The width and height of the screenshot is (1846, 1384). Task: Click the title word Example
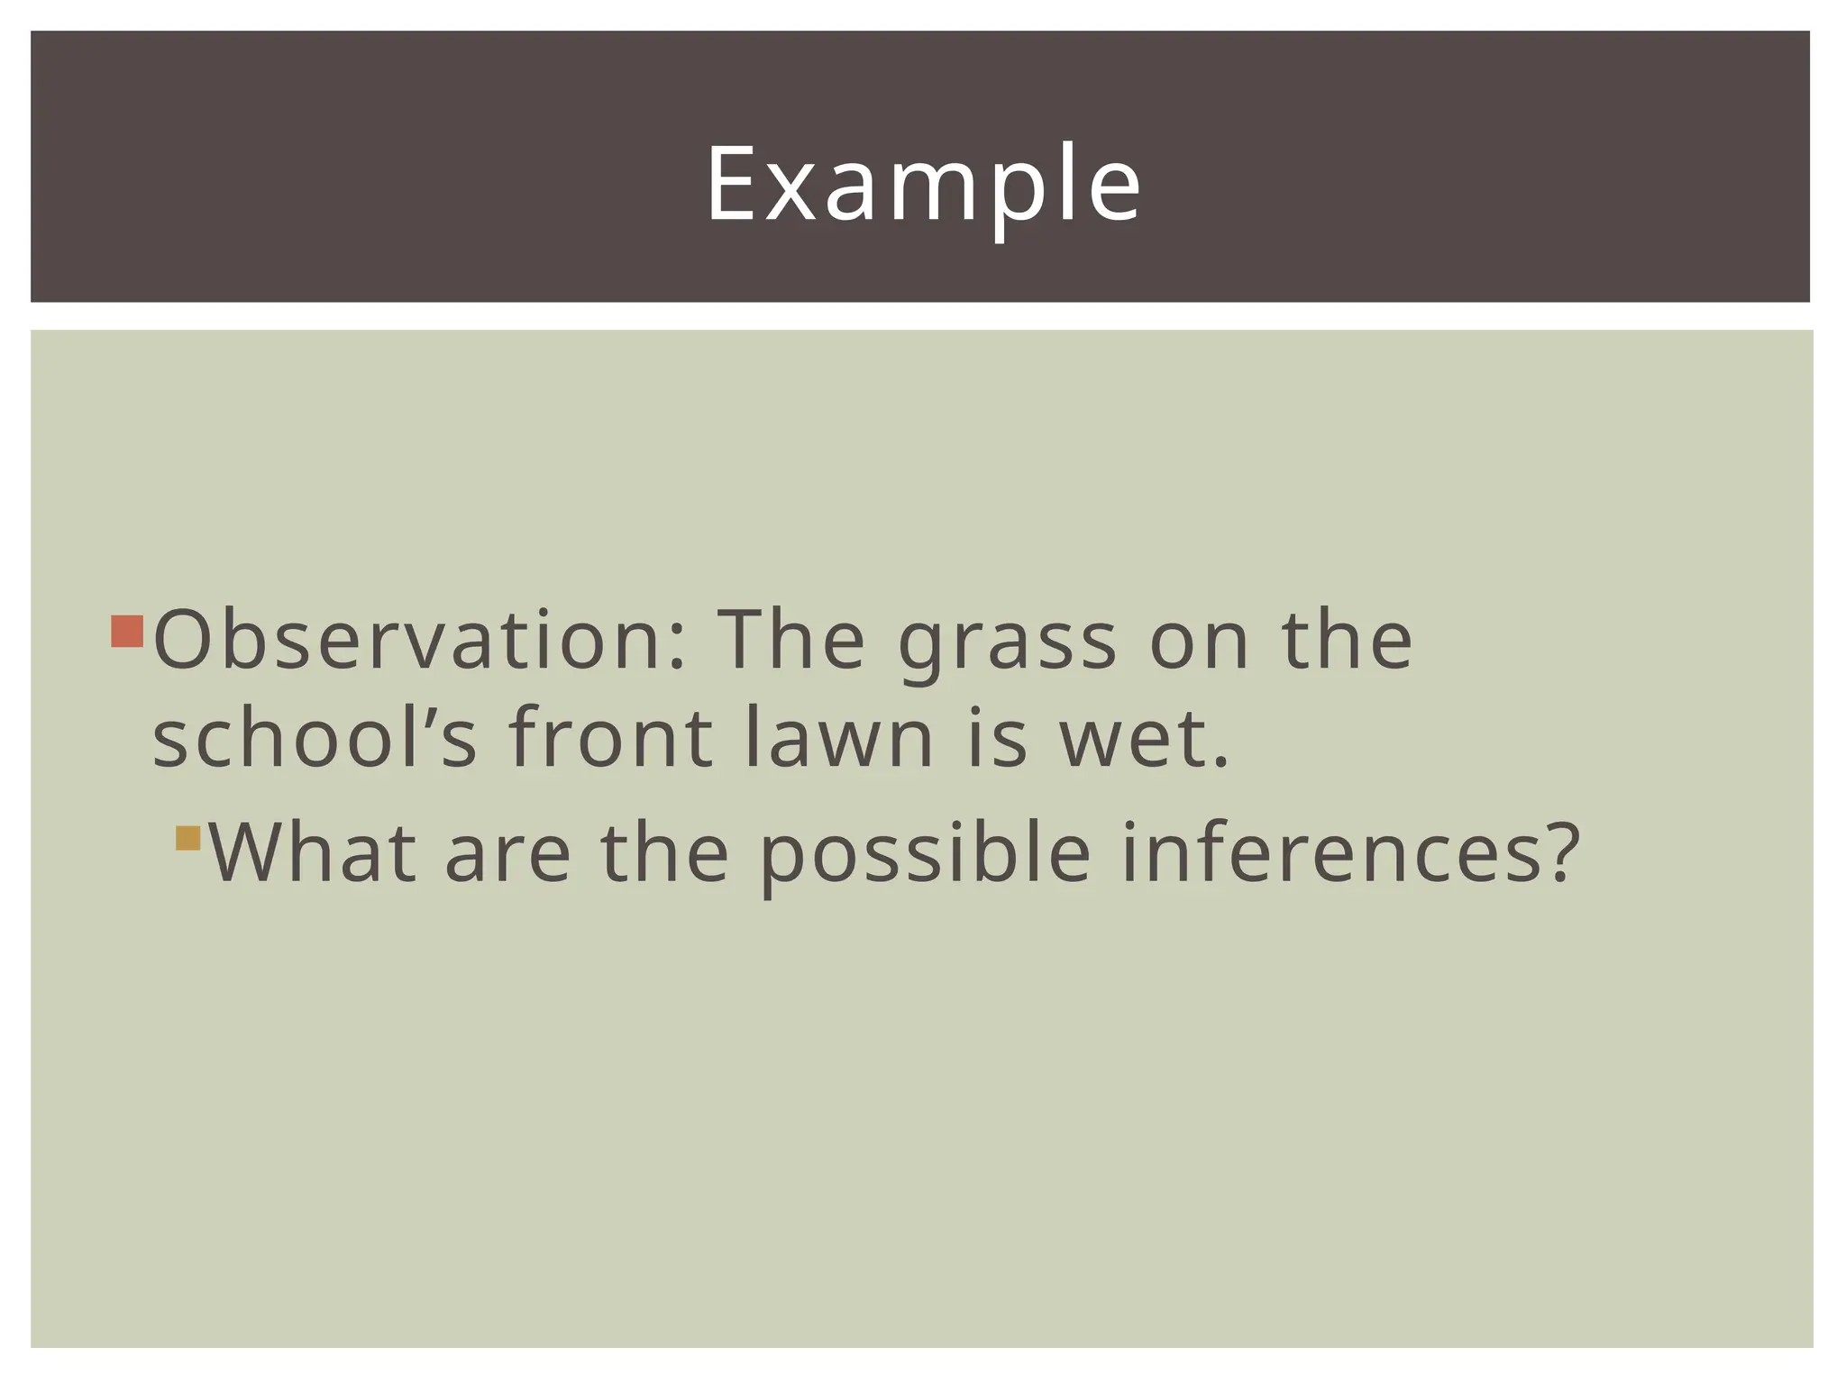(922, 185)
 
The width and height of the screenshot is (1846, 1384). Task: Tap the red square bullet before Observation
(127, 632)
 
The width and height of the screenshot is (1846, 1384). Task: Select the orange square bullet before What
(187, 838)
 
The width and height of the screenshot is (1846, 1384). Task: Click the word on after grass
(1199, 642)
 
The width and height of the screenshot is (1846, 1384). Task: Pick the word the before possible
(664, 852)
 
